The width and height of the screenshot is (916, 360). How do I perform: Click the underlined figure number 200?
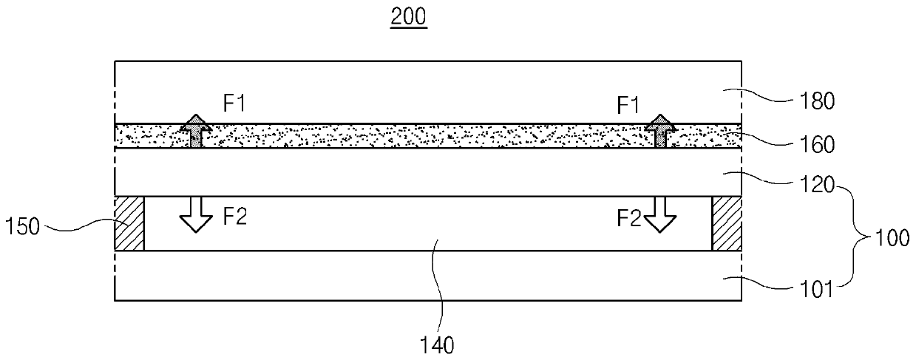409,17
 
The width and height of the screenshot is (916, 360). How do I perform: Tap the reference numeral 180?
817,101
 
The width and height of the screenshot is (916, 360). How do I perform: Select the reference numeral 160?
817,145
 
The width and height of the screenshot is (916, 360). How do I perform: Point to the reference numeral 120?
817,185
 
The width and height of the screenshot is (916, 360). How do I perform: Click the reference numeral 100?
892,238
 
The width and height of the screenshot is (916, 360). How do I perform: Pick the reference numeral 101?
817,290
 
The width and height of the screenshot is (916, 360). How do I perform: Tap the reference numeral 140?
437,346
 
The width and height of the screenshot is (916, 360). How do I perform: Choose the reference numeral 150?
22,226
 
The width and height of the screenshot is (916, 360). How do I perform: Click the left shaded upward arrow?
197,131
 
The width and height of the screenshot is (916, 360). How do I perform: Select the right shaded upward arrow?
660,131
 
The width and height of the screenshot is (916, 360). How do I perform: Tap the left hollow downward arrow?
196,215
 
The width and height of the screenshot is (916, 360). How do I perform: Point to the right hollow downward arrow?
659,215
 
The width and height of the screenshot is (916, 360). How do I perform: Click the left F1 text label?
234,103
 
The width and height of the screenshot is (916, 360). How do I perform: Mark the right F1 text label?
628,105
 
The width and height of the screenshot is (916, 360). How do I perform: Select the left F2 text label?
234,217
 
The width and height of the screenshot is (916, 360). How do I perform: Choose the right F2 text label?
629,218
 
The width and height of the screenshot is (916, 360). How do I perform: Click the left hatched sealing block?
129,223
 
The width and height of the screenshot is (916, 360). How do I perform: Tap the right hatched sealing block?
727,223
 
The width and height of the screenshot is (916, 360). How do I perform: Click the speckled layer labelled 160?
428,136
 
